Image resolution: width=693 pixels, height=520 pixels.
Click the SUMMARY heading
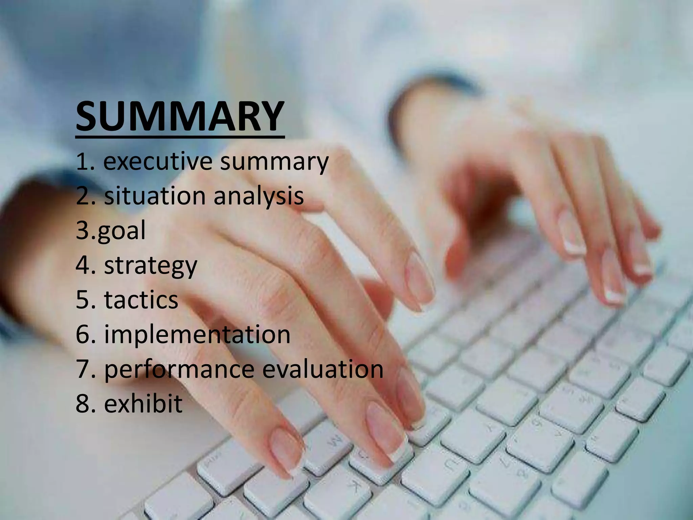tap(180, 116)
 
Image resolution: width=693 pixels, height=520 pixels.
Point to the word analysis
tap(259, 197)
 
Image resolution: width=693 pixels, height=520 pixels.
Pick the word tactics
tap(141, 300)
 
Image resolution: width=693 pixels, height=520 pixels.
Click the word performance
tap(179, 370)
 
